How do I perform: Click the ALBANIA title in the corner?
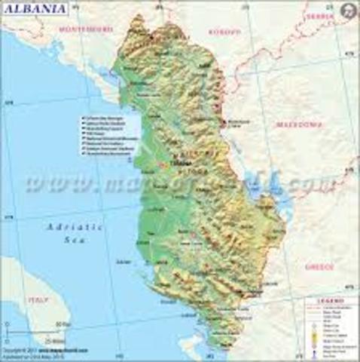[x=35, y=8]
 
